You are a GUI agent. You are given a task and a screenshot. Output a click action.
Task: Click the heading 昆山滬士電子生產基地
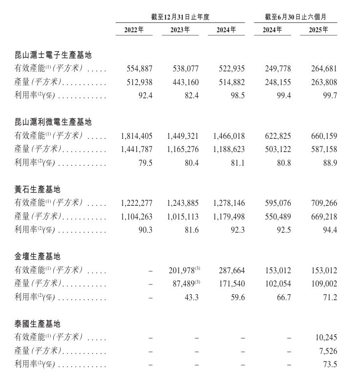[53, 55]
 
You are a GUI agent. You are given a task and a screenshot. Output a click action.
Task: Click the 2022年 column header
[134, 30]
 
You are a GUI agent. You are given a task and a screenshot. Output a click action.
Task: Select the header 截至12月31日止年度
[180, 17]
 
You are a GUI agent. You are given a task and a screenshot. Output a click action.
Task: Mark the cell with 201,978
[182, 270]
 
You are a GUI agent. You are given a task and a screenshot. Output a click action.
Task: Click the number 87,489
[185, 284]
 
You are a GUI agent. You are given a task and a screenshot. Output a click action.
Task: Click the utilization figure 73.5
[329, 364]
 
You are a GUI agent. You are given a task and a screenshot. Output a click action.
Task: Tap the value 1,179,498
[228, 217]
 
